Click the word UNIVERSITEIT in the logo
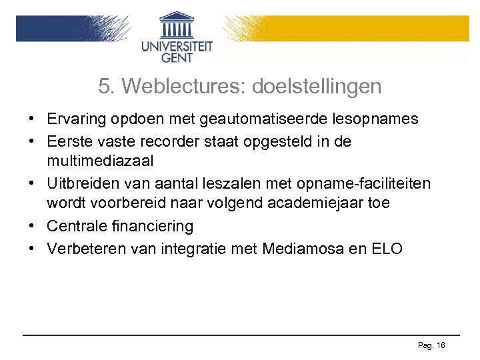click(x=177, y=46)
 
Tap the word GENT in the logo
click(x=177, y=58)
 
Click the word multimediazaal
click(x=101, y=160)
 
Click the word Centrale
click(x=77, y=227)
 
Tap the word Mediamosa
click(x=304, y=249)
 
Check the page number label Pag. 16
click(x=431, y=345)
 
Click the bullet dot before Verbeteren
click(x=32, y=249)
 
